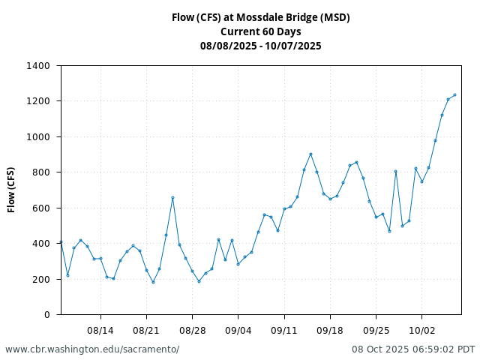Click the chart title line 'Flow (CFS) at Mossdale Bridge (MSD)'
[x=260, y=17]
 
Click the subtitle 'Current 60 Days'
[x=260, y=31]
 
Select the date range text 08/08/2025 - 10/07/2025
[x=260, y=46]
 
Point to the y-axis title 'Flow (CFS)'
[x=11, y=190]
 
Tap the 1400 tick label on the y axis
[x=37, y=66]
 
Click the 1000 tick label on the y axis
[x=37, y=137]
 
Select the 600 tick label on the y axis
[x=40, y=208]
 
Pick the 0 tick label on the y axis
[x=46, y=315]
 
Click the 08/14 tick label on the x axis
[x=100, y=330]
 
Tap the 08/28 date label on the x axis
[x=192, y=330]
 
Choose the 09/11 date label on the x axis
[x=284, y=330]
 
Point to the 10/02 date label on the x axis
[x=421, y=330]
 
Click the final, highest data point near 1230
[x=454, y=95]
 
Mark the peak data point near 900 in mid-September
[x=310, y=154]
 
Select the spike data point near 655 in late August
[x=172, y=198]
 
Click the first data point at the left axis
[x=61, y=242]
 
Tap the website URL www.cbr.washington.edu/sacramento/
[x=92, y=349]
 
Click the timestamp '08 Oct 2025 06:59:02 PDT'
[x=413, y=349]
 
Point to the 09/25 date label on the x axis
[x=376, y=330]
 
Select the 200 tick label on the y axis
[x=40, y=280]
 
